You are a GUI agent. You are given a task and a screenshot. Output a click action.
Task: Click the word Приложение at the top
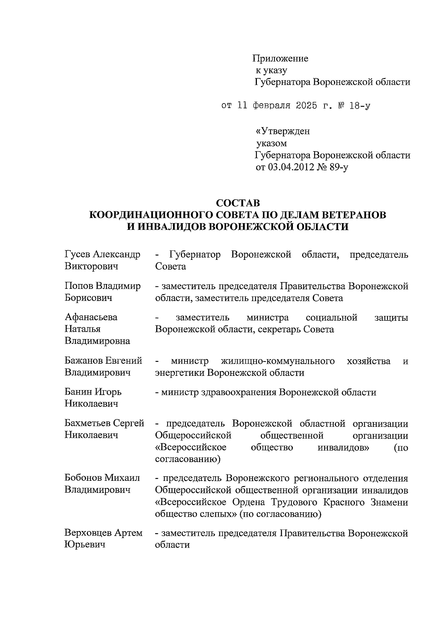[x=280, y=58]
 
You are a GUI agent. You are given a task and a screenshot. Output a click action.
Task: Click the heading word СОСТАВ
[x=238, y=203]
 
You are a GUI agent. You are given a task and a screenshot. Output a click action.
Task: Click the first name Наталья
[x=83, y=329]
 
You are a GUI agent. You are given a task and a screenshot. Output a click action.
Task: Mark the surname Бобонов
[x=83, y=478]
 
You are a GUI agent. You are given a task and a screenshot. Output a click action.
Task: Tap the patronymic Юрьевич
[x=85, y=545]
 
